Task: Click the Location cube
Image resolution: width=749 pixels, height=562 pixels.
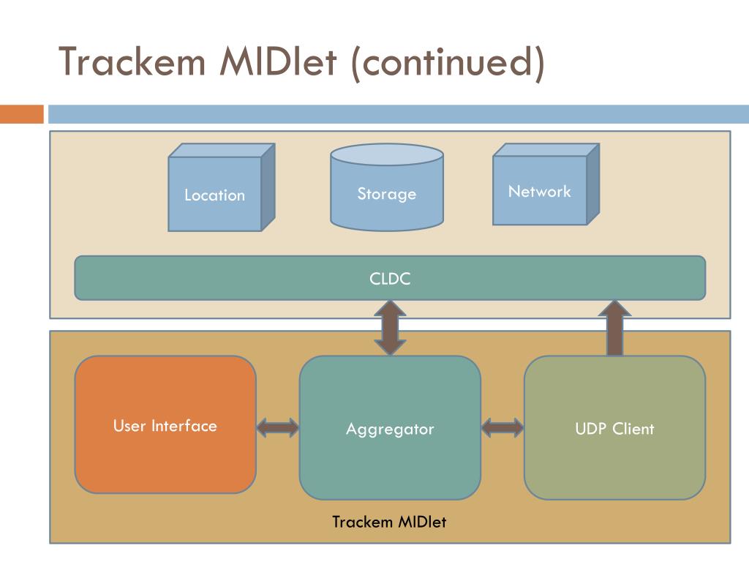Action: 215,194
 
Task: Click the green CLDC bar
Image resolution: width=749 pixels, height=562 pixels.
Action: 390,278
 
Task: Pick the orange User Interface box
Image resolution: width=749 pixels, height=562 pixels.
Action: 165,424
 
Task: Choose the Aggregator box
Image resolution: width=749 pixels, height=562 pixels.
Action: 390,428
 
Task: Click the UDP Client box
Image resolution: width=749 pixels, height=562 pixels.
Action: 614,428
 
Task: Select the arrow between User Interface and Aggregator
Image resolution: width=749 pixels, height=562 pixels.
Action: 278,427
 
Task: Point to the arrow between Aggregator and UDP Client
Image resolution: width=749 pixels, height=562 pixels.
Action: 503,427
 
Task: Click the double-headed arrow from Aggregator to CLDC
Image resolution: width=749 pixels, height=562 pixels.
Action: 390,328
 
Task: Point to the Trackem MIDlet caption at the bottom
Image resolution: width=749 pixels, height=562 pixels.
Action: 388,522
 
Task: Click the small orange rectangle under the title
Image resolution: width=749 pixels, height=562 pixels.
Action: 21,114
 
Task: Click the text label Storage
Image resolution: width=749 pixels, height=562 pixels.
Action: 387,194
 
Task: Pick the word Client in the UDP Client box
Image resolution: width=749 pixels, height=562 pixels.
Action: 633,429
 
